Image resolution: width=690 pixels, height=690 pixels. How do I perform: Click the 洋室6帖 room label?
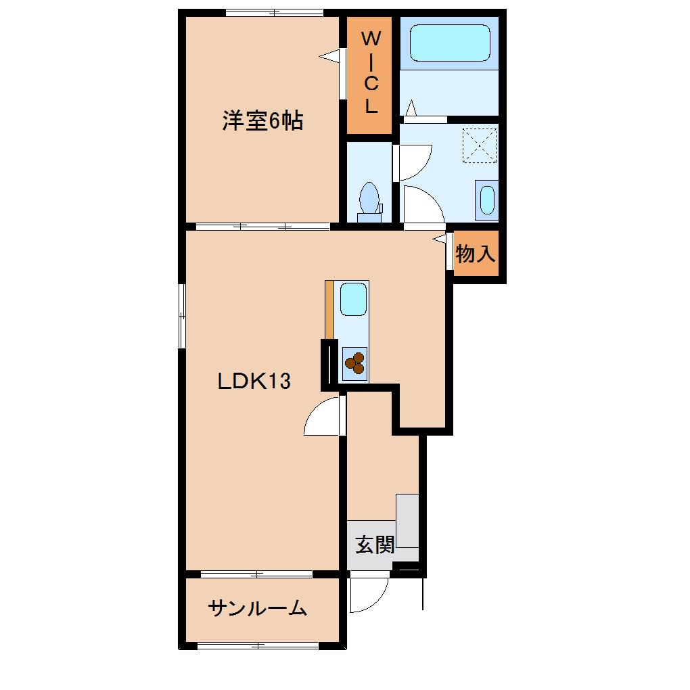262,121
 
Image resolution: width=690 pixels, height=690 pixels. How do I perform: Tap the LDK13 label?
254,382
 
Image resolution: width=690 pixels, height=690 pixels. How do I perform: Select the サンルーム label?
257,608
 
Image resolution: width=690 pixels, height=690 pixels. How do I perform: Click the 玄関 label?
375,544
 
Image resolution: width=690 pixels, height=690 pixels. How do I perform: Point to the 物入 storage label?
476,254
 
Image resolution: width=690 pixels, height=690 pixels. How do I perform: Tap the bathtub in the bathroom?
449,43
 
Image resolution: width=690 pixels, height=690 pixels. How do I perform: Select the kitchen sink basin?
353,298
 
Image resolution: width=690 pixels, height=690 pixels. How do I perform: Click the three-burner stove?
354,363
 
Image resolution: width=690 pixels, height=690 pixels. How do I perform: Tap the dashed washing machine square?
479,145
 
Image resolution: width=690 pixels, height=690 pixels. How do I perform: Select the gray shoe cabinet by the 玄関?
407,521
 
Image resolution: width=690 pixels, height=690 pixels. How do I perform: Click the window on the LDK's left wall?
182,315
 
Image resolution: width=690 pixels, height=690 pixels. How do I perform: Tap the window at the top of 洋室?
274,12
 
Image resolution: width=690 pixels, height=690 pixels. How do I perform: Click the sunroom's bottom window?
258,645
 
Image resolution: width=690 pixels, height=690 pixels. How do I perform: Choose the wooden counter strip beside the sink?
329,308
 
